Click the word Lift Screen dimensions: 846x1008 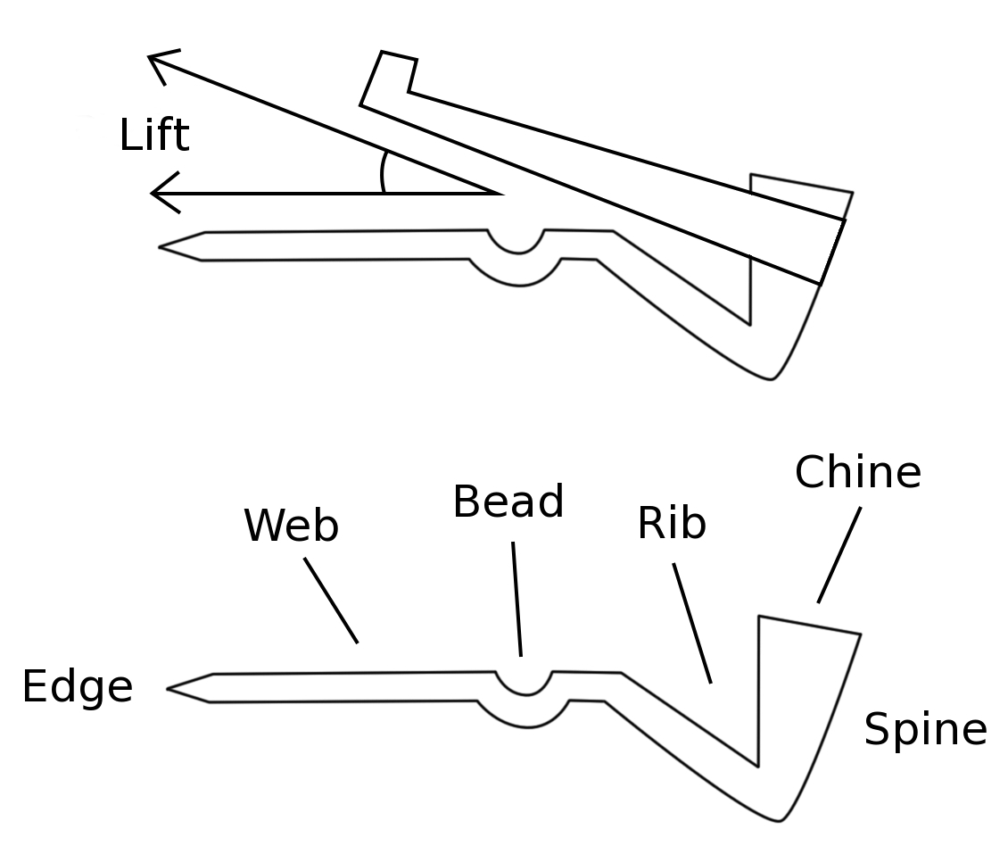point(154,137)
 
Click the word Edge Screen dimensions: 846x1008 point(77,688)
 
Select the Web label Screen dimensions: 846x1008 point(291,526)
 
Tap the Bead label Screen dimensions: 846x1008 point(508,502)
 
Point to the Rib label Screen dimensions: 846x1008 point(672,524)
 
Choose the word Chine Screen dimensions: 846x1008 point(857,472)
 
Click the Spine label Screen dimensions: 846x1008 point(925,730)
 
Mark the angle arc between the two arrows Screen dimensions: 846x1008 point(383,172)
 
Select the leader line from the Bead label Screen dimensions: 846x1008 point(516,599)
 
